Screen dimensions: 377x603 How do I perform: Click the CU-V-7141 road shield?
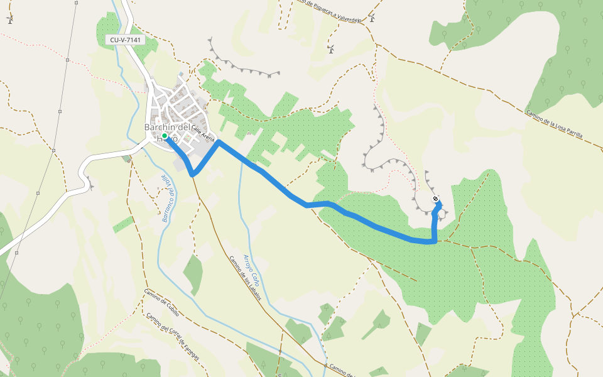pos(126,40)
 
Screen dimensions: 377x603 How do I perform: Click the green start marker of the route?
pos(164,136)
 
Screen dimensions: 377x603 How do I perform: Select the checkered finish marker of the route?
pos(435,200)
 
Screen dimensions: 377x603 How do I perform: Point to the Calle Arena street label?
pos(203,133)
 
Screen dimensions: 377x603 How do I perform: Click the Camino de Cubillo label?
pos(161,302)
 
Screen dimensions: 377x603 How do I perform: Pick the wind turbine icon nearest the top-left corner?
pos(9,20)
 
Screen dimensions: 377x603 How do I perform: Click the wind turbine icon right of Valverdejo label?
pos(372,18)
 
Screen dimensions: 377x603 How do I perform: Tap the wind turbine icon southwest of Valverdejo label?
pos(331,50)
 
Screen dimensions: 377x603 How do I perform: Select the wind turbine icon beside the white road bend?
pos(90,186)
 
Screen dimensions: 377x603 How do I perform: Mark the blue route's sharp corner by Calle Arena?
pos(218,142)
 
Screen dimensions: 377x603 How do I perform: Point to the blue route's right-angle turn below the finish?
pos(435,241)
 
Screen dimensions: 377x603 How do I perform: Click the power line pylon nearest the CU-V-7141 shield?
pos(67,60)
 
